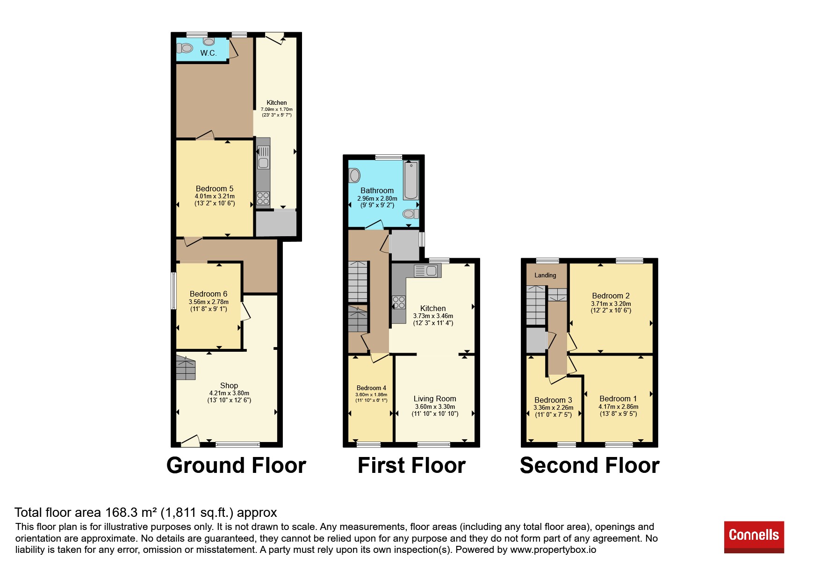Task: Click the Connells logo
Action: tap(754, 536)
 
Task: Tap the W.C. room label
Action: tap(209, 53)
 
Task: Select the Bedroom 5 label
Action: tap(215, 188)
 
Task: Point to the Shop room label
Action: tap(229, 385)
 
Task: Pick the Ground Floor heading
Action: tap(236, 465)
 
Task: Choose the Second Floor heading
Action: tap(590, 465)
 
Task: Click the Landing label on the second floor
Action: tap(545, 275)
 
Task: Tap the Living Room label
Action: tap(435, 399)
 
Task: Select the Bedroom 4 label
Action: tap(371, 388)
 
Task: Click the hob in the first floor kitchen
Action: tap(399, 302)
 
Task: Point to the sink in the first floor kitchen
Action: tap(426, 271)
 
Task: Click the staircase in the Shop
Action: tap(186, 368)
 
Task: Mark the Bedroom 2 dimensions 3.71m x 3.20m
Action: tap(611, 304)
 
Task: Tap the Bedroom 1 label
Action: tap(618, 399)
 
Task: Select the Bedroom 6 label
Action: tap(209, 294)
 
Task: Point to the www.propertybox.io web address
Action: tap(553, 550)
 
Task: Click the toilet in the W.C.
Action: tap(185, 48)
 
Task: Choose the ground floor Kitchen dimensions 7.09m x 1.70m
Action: tap(277, 109)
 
